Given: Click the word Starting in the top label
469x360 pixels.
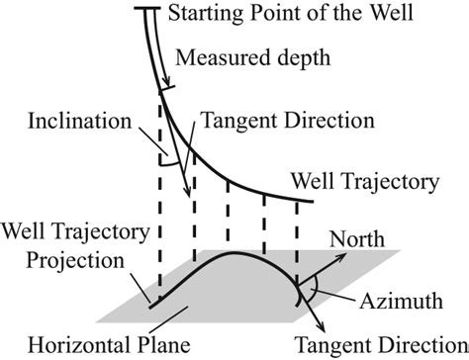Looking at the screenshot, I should click(200, 14).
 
